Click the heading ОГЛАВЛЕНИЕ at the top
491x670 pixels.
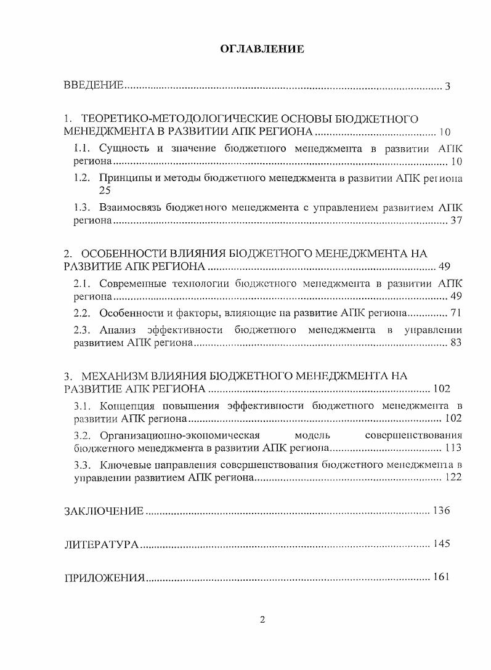coord(262,49)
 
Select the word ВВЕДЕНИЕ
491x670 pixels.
coord(94,86)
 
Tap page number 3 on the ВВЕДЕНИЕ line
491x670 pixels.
coord(447,86)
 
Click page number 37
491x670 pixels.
coord(456,220)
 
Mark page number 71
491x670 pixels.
coord(456,312)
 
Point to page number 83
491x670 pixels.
coord(456,343)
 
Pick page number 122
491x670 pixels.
coord(453,478)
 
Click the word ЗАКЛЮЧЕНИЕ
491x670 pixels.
coord(104,511)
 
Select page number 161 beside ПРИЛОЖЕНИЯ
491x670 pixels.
coord(442,577)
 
